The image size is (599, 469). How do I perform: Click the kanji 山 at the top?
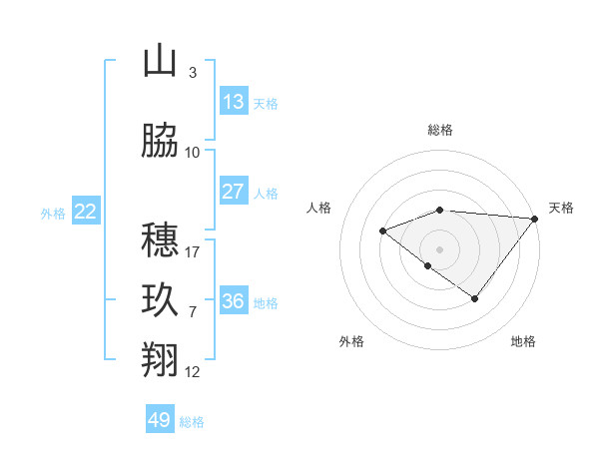tap(160, 61)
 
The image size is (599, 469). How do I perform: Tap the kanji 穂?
tap(160, 239)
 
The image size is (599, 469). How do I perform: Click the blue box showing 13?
tap(234, 102)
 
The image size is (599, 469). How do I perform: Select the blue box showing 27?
tap(234, 192)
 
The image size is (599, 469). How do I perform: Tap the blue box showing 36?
tap(234, 301)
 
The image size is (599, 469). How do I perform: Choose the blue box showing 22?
tap(86, 212)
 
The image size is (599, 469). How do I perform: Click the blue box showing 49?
tap(160, 420)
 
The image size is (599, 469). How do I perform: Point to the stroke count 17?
tap(193, 251)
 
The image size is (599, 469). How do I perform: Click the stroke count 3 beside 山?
tap(192, 72)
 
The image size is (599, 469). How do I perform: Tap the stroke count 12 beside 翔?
tap(193, 372)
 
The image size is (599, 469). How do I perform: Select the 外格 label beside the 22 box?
tap(53, 213)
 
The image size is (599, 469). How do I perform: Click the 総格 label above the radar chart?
tap(440, 130)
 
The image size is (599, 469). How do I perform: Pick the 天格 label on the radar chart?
tap(561, 208)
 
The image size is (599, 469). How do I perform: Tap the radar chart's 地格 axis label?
tap(523, 341)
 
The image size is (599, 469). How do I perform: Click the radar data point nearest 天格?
tap(536, 218)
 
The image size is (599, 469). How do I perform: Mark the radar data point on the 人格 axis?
tap(382, 231)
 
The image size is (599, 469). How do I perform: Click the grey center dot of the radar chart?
tap(440, 248)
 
